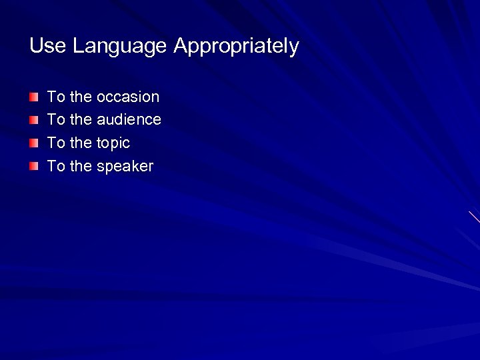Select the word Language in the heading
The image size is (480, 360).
[x=119, y=47]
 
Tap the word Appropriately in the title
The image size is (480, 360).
[x=236, y=47]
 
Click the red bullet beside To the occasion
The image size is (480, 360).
[x=34, y=97]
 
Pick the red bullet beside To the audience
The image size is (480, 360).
[x=34, y=120]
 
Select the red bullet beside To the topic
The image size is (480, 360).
[x=34, y=143]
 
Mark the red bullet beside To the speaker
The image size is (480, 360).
[x=34, y=167]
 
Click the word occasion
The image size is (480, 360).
[x=128, y=97]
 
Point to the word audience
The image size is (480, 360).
[x=129, y=120]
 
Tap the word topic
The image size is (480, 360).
[x=113, y=143]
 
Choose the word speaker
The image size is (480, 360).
[x=125, y=167]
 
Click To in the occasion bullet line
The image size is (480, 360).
[x=56, y=97]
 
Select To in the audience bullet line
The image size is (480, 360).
[x=56, y=120]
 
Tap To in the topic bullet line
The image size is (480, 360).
[x=56, y=143]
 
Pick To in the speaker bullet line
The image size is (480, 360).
[x=56, y=167]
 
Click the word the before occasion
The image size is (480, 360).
[x=81, y=97]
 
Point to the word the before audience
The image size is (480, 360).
[x=81, y=120]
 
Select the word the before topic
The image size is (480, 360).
[x=81, y=143]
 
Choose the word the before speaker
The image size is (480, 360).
[x=81, y=167]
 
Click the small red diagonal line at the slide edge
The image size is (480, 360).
[x=474, y=217]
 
